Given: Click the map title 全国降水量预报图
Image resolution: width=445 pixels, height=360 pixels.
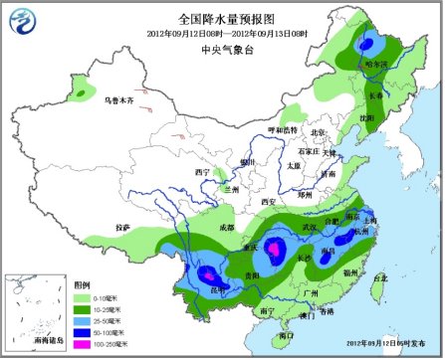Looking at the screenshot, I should coord(222,18).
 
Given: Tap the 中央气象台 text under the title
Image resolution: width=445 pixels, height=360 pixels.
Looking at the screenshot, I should coord(222,45).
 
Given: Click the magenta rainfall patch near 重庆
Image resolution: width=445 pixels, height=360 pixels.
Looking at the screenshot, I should coord(254,240).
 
